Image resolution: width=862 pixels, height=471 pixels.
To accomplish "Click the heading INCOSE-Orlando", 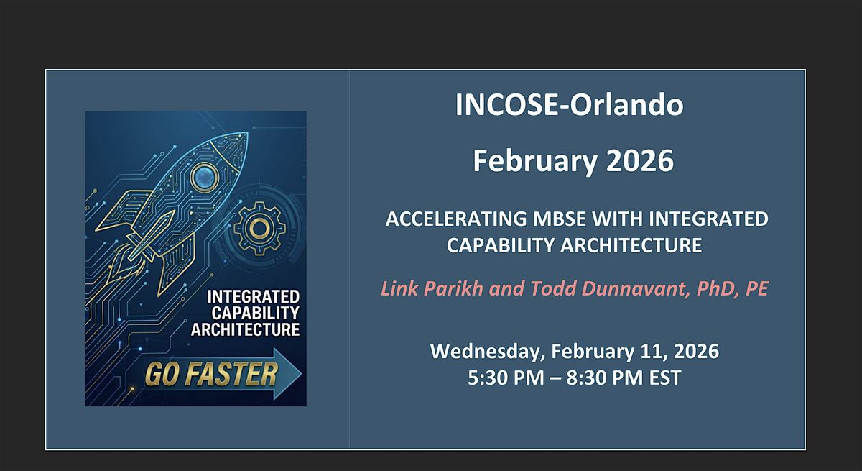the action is (569, 104).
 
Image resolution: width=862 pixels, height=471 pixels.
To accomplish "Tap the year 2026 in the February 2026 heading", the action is (640, 160).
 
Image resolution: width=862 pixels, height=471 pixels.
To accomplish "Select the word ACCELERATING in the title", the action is (456, 219).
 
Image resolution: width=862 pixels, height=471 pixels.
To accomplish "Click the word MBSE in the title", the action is (560, 219).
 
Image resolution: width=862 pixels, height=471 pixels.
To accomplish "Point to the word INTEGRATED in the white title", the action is (708, 219).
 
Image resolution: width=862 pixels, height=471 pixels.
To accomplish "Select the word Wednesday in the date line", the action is (488, 352).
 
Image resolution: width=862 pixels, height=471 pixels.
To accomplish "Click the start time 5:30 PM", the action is (506, 378).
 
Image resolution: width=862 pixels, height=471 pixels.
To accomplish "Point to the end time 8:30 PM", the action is (605, 378).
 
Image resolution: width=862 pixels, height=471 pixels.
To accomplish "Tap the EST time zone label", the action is (665, 378).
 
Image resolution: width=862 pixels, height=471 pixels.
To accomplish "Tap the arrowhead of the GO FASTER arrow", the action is (288, 373).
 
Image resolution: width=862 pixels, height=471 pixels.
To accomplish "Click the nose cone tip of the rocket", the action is (246, 134).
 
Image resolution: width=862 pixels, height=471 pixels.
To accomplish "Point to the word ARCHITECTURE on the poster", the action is (245, 329).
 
